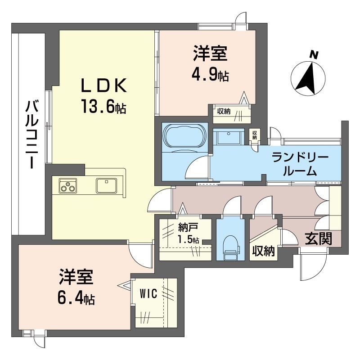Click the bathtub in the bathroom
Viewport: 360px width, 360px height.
tap(184, 135)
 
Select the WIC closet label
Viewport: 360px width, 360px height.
tap(148, 294)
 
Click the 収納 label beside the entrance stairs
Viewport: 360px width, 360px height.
tap(263, 251)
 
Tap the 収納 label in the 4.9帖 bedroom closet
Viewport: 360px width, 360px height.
tap(224, 112)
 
